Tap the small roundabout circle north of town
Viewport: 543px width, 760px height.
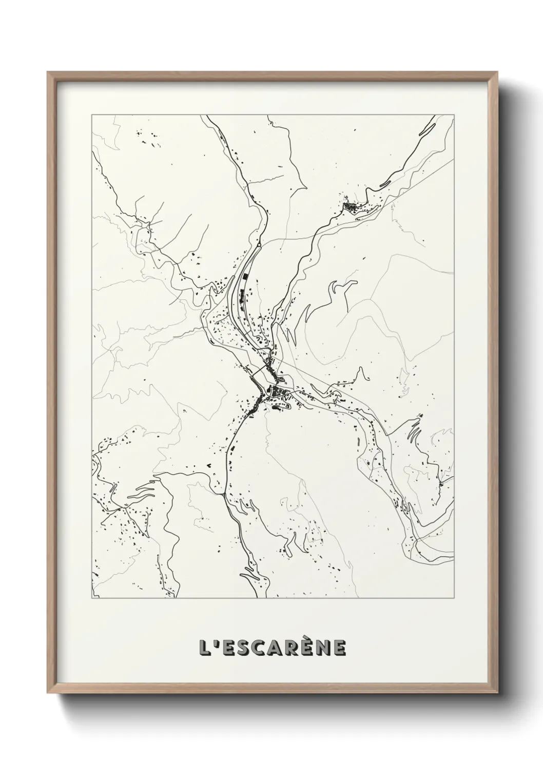(x=260, y=246)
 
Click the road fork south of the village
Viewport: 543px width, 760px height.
(x=224, y=493)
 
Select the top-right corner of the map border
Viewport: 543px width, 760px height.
(x=454, y=115)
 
